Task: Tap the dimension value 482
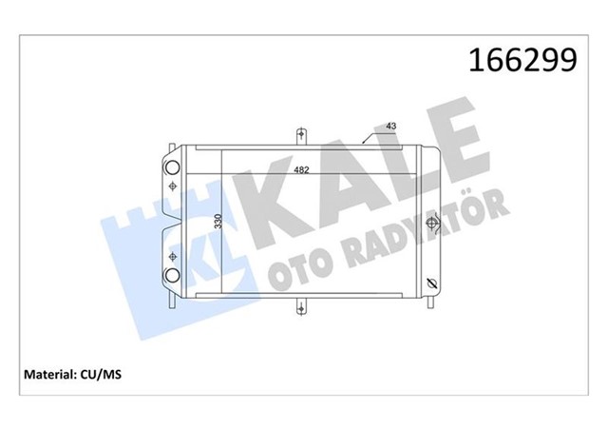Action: [x=301, y=171]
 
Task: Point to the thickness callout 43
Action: [x=391, y=127]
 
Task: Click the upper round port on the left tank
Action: [x=173, y=166]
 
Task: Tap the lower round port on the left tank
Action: [x=173, y=276]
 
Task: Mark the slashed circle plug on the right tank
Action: [x=434, y=283]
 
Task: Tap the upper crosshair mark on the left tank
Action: [x=172, y=186]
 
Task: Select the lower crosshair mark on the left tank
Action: [x=172, y=256]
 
